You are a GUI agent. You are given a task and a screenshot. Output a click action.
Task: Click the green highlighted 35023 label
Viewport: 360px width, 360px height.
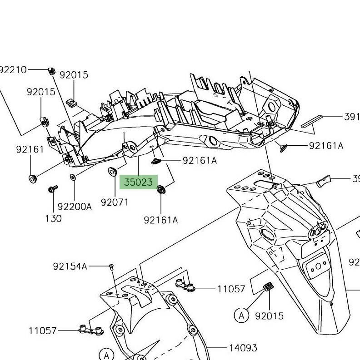[138, 182]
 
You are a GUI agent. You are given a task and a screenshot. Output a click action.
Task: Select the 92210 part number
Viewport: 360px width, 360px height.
[13, 69]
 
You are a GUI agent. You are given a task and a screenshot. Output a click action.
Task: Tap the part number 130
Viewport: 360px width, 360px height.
[53, 218]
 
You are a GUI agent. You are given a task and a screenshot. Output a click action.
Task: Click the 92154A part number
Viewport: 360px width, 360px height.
[70, 266]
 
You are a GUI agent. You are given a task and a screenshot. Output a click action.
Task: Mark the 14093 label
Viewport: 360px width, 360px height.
[243, 348]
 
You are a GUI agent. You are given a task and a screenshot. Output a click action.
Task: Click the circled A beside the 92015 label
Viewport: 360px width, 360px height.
[242, 315]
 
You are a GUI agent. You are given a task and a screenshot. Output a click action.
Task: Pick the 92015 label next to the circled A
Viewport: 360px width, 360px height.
[270, 316]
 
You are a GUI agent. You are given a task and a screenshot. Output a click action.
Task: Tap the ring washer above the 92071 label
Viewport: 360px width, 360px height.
[111, 172]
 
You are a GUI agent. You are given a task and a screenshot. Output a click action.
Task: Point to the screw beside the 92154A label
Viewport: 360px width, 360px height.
[110, 267]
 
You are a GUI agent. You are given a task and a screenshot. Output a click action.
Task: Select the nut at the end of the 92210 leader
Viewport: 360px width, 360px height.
[51, 70]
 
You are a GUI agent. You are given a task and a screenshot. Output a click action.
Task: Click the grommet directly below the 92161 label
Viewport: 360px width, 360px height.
[32, 178]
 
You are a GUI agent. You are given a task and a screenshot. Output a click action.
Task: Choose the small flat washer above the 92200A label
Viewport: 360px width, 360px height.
[73, 177]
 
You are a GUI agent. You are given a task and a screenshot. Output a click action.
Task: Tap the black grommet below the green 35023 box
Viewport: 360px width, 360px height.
[161, 189]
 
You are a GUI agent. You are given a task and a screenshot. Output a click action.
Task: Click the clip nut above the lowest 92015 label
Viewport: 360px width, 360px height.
[268, 286]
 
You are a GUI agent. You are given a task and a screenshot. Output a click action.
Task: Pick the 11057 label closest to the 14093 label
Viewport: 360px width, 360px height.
[231, 289]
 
